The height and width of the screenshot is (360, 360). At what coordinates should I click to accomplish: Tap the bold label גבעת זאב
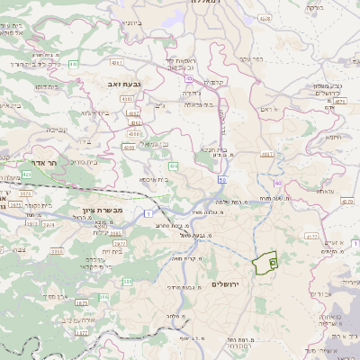pos(118,83)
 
